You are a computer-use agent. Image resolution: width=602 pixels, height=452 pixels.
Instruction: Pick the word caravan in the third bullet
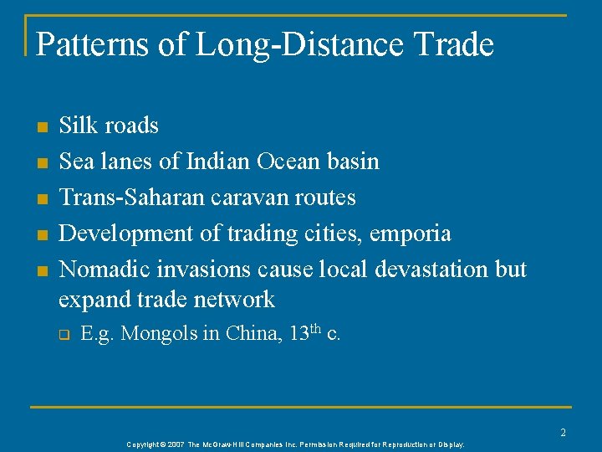click(x=250, y=198)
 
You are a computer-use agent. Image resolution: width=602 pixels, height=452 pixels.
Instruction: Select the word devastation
click(x=427, y=269)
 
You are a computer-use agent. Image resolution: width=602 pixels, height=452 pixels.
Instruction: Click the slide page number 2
click(x=563, y=432)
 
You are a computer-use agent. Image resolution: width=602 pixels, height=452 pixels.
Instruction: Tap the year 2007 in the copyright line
click(x=175, y=444)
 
